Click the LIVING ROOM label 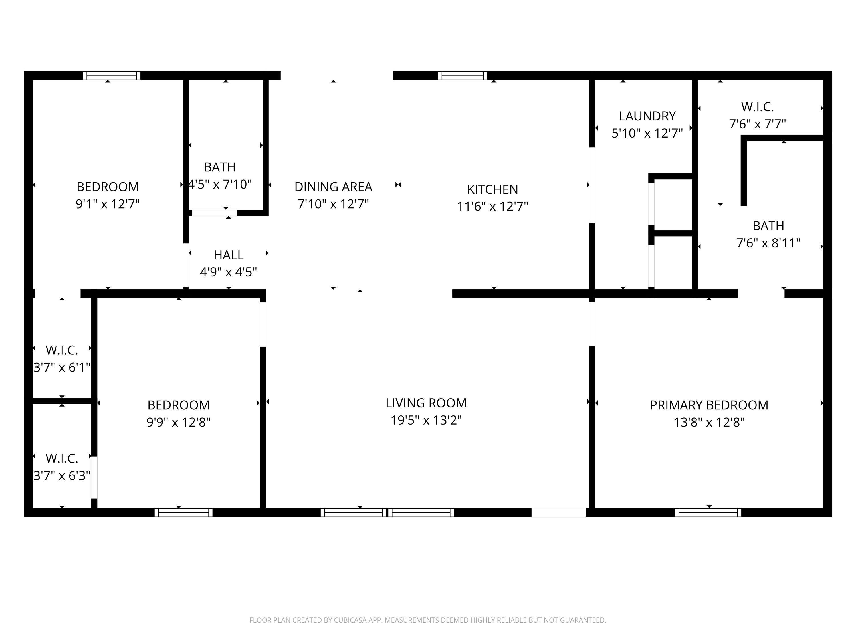coord(426,403)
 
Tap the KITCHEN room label coord(492,189)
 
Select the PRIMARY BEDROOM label coord(709,405)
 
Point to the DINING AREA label coord(333,187)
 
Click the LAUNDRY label coord(647,116)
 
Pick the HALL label coord(228,255)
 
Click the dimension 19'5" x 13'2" coord(426,420)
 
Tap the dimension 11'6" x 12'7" coord(492,206)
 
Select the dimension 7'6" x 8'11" coord(768,243)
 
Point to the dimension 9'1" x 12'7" coord(108,204)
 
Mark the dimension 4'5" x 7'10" coord(220,184)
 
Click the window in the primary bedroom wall coord(708,512)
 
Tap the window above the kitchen coord(463,75)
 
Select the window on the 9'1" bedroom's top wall coord(112,75)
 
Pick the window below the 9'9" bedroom coord(183,512)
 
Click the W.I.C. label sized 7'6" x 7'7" coord(757,107)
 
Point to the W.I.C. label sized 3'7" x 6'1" coord(62,350)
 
